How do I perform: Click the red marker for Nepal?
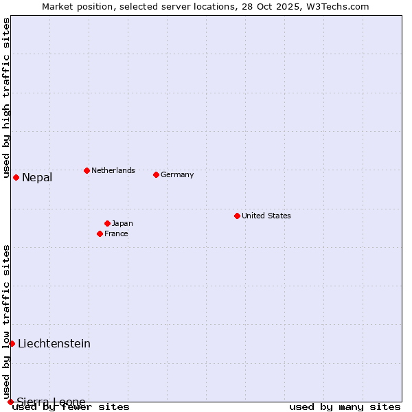pos(16,178)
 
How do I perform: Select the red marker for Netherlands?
pos(87,170)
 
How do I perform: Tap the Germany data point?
pos(156,174)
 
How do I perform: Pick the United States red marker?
pos(237,216)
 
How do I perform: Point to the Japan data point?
pos(107,223)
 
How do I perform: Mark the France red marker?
pos(100,233)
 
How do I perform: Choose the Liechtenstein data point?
pos(12,343)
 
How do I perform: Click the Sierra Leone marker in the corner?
pos(10,402)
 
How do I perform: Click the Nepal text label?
pos(37,178)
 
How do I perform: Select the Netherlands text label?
pos(113,170)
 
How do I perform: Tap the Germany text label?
pos(177,174)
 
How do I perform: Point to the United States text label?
pos(266,216)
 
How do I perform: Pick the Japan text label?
pos(122,223)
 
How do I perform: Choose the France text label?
pos(116,233)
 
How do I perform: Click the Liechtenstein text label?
pos(54,343)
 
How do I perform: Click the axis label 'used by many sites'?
pos(345,407)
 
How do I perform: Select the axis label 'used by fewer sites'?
pos(71,407)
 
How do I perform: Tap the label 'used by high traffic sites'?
pos(6,98)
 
